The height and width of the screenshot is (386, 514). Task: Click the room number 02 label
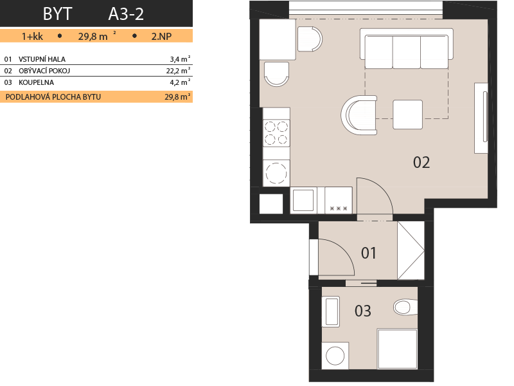tap(421, 163)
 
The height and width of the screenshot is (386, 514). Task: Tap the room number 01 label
tap(368, 253)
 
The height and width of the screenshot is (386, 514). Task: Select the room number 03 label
tap(362, 311)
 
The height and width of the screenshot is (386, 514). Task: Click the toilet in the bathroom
tap(405, 307)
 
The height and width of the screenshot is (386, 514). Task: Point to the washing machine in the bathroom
tap(335, 356)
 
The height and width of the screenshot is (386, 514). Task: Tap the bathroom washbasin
tap(331, 311)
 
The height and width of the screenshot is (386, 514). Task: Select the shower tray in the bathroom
tap(398, 349)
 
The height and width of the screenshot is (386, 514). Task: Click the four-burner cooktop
tap(276, 133)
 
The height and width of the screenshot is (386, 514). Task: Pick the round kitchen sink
tap(276, 173)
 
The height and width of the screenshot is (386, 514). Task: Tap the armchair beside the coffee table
tap(359, 115)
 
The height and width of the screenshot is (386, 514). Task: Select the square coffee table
tap(408, 115)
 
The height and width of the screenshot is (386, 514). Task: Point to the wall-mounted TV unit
tap(481, 118)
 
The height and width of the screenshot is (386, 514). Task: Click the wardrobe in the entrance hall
tap(411, 250)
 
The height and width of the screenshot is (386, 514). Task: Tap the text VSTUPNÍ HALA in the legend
tap(42, 59)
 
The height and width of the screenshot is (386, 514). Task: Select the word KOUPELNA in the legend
tap(36, 82)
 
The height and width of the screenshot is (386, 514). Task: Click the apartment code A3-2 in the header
tap(126, 14)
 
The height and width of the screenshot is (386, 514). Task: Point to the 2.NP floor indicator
tap(161, 36)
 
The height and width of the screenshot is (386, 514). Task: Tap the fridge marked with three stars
tap(339, 200)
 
